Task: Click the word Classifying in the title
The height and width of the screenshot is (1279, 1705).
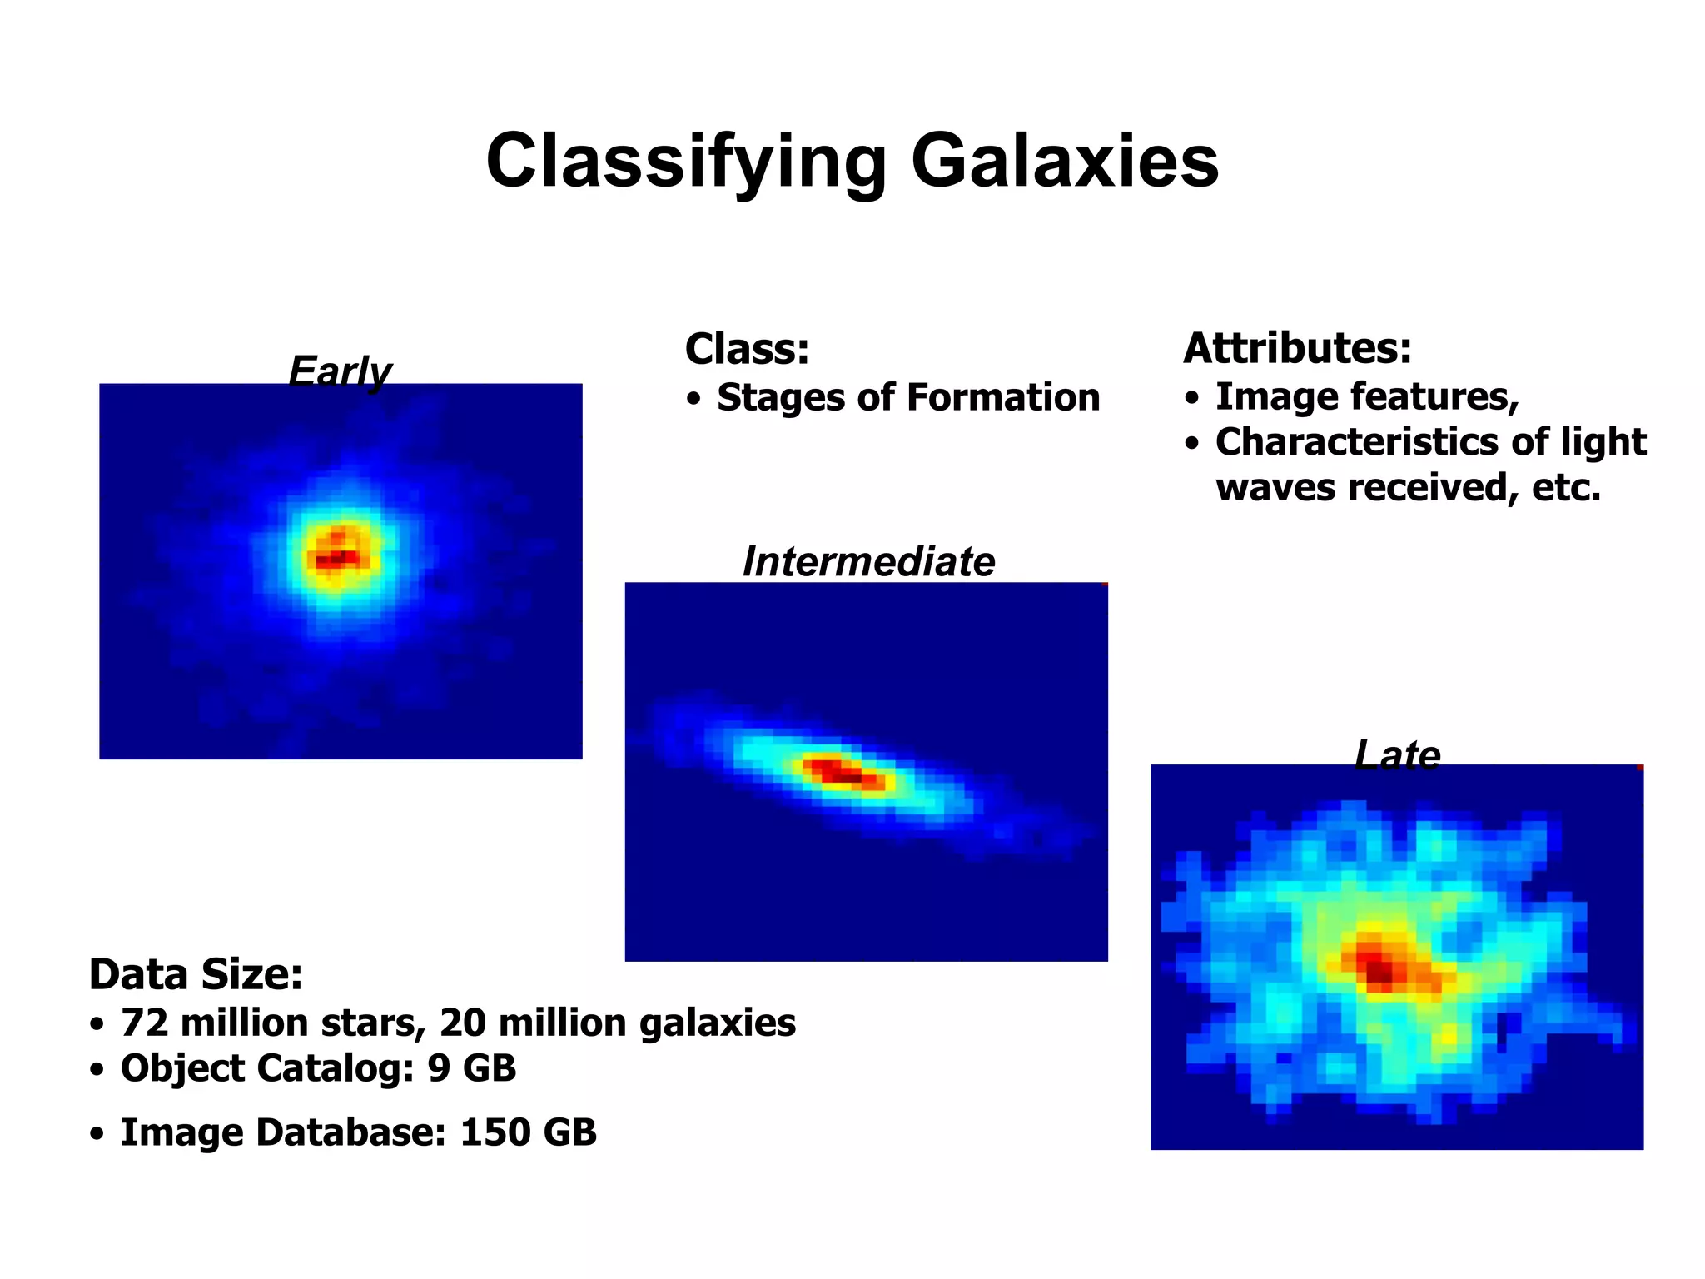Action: [x=686, y=162]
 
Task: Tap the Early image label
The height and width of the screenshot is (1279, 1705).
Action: [x=340, y=371]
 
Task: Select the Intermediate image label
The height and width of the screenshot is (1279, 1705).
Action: [x=868, y=562]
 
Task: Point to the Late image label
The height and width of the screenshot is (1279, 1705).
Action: [x=1397, y=755]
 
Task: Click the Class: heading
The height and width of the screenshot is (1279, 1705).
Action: [x=747, y=349]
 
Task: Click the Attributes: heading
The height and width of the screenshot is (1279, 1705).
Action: [x=1297, y=348]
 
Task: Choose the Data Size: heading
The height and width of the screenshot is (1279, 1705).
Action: [x=196, y=974]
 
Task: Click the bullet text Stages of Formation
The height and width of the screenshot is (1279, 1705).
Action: [x=907, y=398]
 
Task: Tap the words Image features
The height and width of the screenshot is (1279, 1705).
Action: [x=1365, y=397]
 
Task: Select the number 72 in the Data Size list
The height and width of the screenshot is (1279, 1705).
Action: [x=145, y=1023]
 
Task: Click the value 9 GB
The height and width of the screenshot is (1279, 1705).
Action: [x=471, y=1068]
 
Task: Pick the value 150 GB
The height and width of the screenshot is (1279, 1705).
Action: [x=528, y=1132]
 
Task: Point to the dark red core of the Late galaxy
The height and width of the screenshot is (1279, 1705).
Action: [x=1378, y=969]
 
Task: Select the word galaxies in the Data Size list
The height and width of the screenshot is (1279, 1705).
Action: [x=717, y=1023]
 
